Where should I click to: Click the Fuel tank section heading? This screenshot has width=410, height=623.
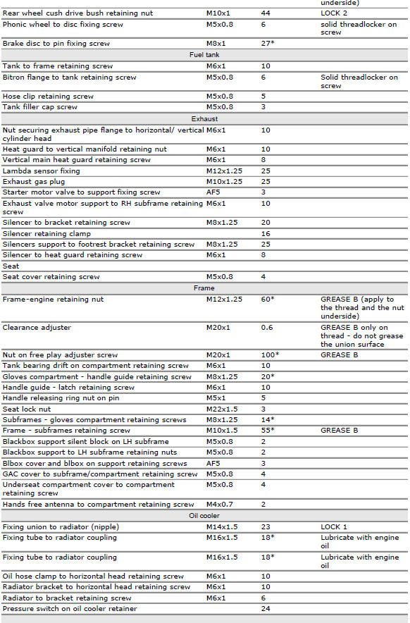(204, 55)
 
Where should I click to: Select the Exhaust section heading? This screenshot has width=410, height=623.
(204, 119)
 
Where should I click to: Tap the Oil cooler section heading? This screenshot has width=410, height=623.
(204, 516)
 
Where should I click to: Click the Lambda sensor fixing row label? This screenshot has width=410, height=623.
(41, 171)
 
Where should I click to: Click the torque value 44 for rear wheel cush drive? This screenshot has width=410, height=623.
(266, 13)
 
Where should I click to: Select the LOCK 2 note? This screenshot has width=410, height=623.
(335, 13)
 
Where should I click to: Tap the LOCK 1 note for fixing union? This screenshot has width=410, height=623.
(335, 527)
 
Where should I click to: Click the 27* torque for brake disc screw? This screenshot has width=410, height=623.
(268, 44)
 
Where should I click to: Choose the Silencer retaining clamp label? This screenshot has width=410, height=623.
(46, 234)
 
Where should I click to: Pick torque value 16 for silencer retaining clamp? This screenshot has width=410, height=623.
(266, 234)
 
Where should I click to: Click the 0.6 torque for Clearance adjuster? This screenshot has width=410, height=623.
(267, 328)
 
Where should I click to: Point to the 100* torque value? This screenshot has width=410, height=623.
(270, 355)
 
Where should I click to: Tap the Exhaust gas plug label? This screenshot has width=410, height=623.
(37, 182)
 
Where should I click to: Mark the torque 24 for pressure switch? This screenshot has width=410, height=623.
(266, 609)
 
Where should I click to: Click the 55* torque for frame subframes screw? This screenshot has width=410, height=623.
(268, 431)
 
